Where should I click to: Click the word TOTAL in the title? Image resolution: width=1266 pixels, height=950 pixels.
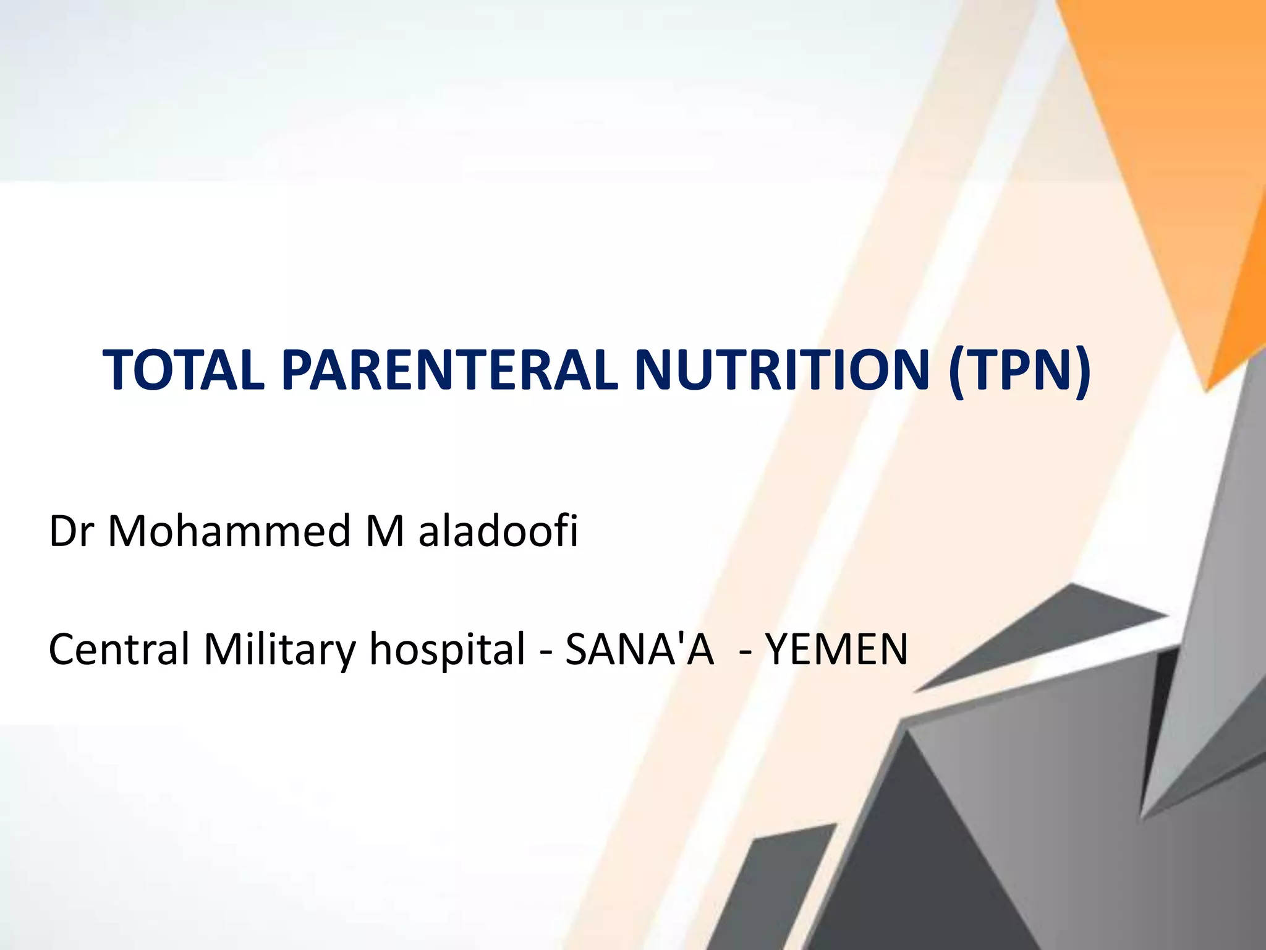pyautogui.click(x=184, y=370)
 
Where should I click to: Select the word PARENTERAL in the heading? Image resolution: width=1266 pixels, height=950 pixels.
pyautogui.click(x=449, y=370)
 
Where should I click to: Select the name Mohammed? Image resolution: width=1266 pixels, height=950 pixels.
pyautogui.click(x=229, y=531)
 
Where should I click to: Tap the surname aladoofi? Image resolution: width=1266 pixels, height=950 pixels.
pyautogui.click(x=498, y=531)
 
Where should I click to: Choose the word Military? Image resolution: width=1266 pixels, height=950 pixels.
pyautogui.click(x=279, y=649)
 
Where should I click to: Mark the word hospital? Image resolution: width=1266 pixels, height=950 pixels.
pyautogui.click(x=447, y=649)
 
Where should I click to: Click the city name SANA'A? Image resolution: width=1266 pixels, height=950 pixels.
pyautogui.click(x=639, y=649)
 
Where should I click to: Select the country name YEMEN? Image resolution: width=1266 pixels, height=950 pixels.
pyautogui.click(x=836, y=649)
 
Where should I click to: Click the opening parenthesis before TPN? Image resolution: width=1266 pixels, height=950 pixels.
pyautogui.click(x=956, y=372)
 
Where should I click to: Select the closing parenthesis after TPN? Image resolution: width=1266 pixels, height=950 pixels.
pyautogui.click(x=1082, y=372)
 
